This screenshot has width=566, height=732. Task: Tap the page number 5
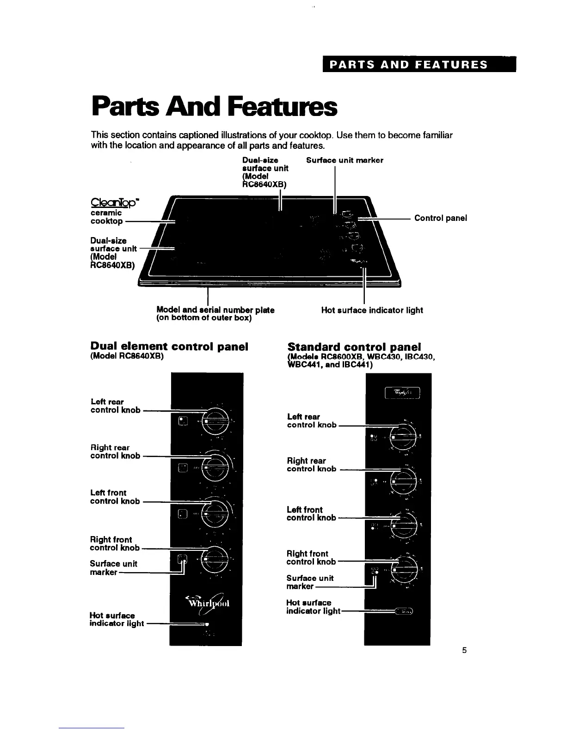(464, 650)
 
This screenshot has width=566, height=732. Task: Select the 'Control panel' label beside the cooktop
(441, 218)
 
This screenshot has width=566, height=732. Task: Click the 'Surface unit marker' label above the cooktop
(345, 160)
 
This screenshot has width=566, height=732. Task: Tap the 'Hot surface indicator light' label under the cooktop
(372, 310)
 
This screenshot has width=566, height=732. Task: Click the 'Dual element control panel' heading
(169, 347)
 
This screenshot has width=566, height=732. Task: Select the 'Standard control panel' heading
(354, 347)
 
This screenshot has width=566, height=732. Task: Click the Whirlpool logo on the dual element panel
(208, 604)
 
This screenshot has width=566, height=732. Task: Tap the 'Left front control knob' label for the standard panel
(311, 513)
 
